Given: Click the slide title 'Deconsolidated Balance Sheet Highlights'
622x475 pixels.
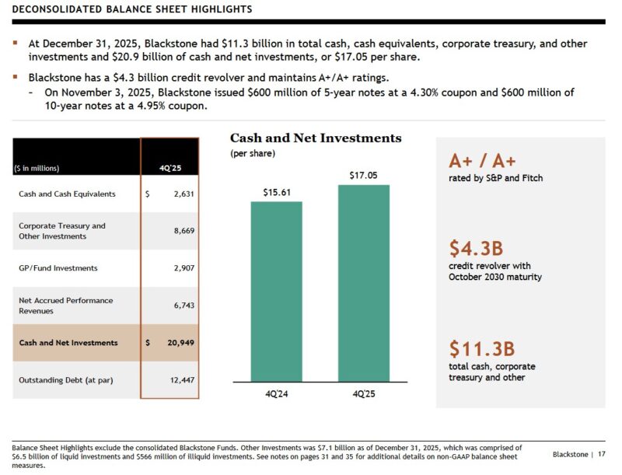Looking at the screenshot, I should click(132, 9).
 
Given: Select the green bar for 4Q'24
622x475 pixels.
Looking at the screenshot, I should click(276, 292).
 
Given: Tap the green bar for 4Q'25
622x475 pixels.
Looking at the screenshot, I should click(364, 283).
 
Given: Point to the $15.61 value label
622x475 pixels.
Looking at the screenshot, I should click(276, 191).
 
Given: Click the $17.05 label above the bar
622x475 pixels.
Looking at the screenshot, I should click(364, 175).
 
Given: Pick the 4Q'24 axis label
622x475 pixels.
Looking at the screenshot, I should click(276, 394).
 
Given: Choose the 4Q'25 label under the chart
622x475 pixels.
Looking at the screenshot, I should click(364, 394).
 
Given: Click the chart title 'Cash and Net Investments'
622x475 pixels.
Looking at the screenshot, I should click(316, 138).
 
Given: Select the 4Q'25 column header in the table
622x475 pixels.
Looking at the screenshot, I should click(169, 168).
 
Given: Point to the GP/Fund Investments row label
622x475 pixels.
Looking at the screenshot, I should click(58, 268).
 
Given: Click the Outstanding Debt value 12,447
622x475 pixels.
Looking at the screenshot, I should click(180, 379).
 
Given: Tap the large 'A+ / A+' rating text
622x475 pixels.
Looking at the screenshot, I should click(482, 161).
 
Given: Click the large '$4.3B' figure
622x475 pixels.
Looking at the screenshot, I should click(476, 249).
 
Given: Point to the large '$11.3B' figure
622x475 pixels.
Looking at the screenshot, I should click(481, 348).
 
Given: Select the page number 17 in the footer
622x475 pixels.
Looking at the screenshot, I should click(601, 454).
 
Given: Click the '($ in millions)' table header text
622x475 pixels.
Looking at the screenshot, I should click(37, 168).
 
